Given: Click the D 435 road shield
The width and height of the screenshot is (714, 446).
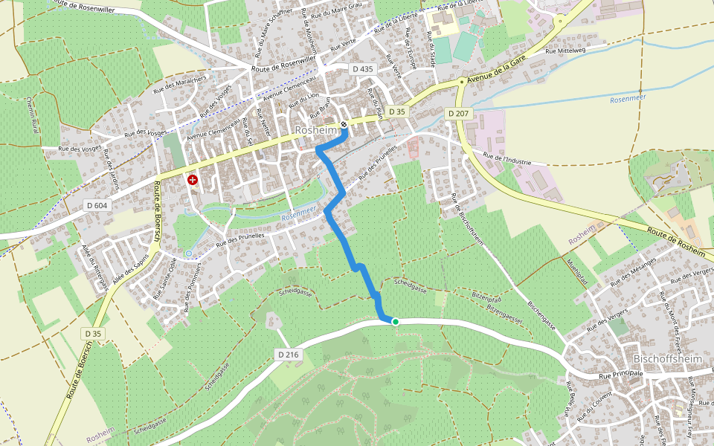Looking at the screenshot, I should (x=362, y=68).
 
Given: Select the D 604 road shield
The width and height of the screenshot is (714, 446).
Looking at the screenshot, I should (x=97, y=205).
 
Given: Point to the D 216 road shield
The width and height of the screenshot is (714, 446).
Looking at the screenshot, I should (x=288, y=355).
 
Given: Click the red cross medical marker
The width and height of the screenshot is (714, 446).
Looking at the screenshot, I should (x=193, y=179).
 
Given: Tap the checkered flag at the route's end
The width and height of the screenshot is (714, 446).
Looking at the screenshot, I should (x=344, y=124).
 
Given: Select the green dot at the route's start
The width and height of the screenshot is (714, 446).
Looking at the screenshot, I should (x=396, y=322).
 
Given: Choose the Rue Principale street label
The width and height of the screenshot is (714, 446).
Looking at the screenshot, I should (x=620, y=375).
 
